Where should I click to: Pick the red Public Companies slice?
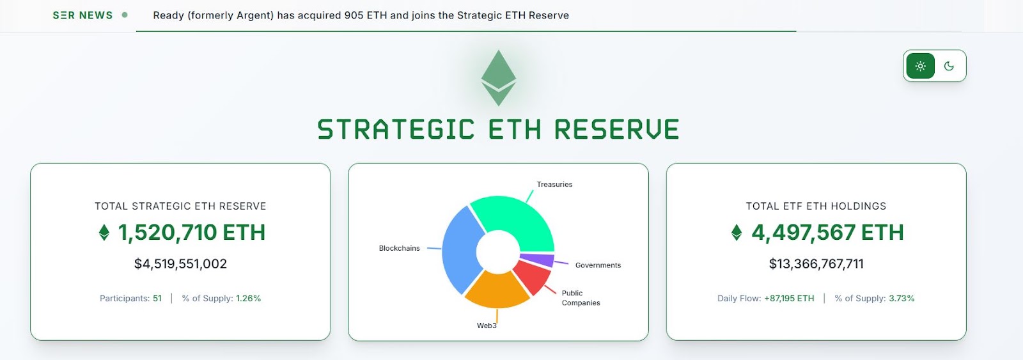click(x=532, y=275)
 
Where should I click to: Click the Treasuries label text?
click(x=554, y=184)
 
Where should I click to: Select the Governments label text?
click(x=598, y=265)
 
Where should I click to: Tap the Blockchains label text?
click(x=399, y=248)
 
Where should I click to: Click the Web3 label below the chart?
click(x=487, y=325)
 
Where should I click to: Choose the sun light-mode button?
click(x=920, y=66)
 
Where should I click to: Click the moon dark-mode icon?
click(x=949, y=66)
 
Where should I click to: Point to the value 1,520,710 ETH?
click(x=191, y=233)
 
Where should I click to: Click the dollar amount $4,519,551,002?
click(x=180, y=263)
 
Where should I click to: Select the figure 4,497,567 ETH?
click(x=827, y=233)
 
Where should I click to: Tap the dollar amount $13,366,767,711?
click(x=816, y=263)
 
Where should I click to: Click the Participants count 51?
click(x=157, y=299)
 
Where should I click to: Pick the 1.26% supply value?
click(x=249, y=299)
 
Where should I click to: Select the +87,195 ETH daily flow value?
click(x=789, y=299)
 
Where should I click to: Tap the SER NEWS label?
click(x=82, y=15)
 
